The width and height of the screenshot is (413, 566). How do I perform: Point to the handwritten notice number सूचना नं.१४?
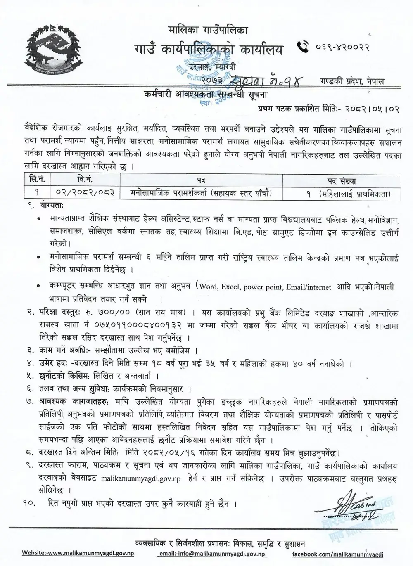coord(267,80)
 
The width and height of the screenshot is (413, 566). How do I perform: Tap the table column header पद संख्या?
coord(342,180)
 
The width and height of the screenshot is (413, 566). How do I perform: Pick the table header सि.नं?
coord(38,180)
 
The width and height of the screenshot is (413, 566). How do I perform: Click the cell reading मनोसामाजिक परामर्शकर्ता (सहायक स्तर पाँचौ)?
coord(201,193)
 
